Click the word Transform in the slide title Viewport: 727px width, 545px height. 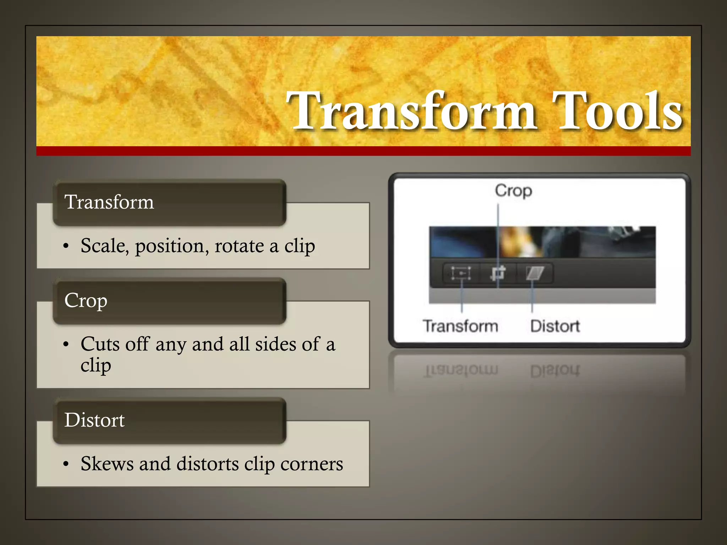(x=411, y=111)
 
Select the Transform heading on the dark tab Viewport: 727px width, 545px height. (x=109, y=202)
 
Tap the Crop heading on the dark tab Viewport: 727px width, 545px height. (x=86, y=301)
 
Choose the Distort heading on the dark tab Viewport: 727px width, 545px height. (x=94, y=420)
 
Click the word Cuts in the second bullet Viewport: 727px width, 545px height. (x=100, y=344)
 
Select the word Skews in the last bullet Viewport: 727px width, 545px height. (x=107, y=463)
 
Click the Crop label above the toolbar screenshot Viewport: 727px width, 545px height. (x=513, y=191)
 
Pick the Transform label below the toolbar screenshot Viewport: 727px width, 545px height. (x=460, y=326)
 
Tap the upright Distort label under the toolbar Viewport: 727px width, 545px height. (x=555, y=326)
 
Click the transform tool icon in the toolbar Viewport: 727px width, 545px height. (x=461, y=273)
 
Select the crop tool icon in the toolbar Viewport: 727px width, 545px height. (x=498, y=273)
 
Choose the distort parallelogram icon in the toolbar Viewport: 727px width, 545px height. (x=535, y=273)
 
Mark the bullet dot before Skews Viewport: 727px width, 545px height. (x=66, y=464)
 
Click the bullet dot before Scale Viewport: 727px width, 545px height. (x=66, y=246)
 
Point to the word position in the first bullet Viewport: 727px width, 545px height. (x=172, y=246)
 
